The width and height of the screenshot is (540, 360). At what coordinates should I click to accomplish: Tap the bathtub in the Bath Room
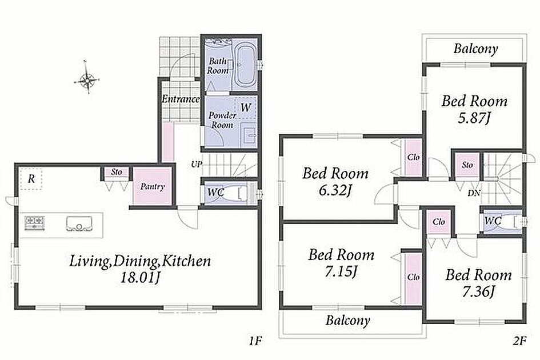[x=245, y=66]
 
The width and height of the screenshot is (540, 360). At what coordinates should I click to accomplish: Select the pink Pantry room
[x=152, y=186]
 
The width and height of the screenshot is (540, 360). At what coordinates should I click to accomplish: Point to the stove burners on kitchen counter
[x=34, y=222]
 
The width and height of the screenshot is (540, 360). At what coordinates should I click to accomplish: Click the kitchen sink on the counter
[x=79, y=224]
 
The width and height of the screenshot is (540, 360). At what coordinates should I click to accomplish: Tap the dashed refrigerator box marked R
[x=31, y=178]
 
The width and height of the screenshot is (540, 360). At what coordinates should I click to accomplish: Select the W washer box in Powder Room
[x=245, y=108]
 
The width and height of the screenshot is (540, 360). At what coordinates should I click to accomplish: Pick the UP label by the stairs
[x=195, y=165]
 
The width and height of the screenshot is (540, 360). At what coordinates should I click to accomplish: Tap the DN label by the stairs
[x=474, y=193]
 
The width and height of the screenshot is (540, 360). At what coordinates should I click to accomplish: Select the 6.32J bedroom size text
[x=335, y=190]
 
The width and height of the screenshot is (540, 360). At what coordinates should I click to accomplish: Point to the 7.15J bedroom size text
[x=340, y=272]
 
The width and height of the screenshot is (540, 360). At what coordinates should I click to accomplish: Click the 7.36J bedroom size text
[x=479, y=292]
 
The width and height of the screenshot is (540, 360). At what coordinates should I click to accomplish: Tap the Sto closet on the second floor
[x=467, y=165]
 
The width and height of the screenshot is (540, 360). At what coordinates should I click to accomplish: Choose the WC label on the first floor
[x=215, y=192]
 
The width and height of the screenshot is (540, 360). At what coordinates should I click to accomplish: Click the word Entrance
[x=181, y=99]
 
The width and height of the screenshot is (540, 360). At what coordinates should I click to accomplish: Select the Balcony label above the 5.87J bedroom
[x=475, y=49]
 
